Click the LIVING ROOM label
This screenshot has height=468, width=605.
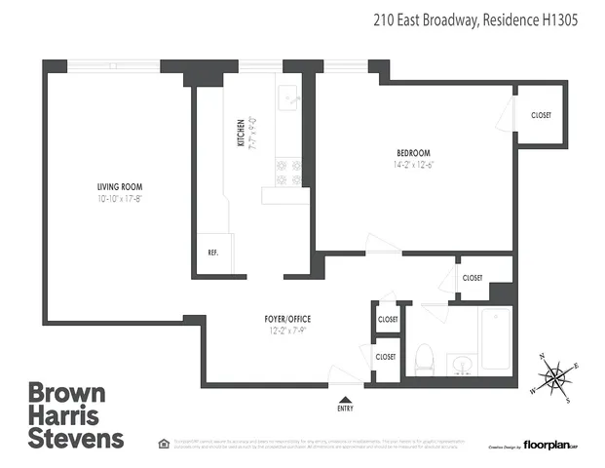[121, 186]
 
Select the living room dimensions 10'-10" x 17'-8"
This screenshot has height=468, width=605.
[121, 199]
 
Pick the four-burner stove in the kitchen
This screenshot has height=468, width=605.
[288, 172]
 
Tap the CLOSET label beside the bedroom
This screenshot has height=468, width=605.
[541, 115]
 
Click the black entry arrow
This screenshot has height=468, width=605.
[345, 399]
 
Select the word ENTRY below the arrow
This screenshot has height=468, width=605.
[345, 409]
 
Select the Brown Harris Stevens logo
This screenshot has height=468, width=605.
[76, 416]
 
